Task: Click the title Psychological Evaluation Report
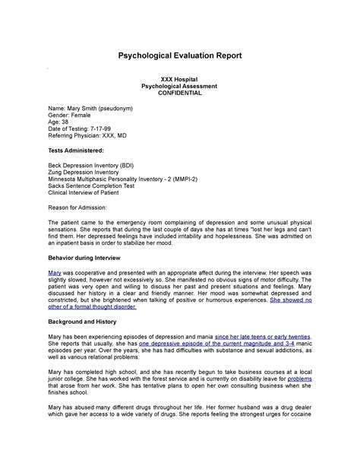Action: point(180,55)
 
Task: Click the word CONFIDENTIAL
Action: point(180,93)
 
